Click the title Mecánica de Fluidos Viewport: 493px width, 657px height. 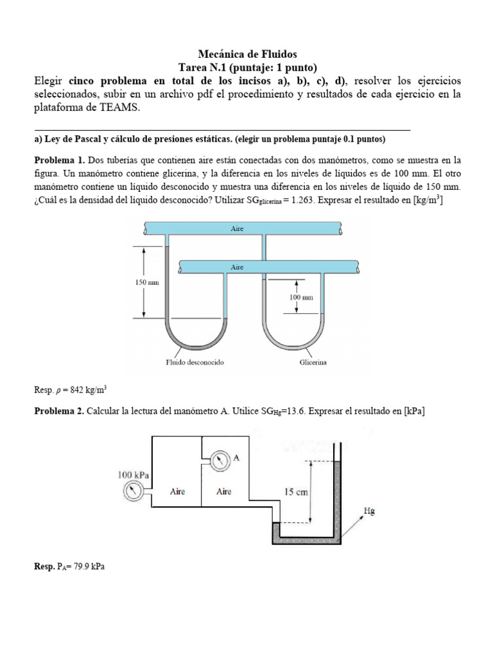pos(246,55)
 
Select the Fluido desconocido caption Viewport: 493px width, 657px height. pos(195,363)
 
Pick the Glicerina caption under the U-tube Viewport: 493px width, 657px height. pos(313,363)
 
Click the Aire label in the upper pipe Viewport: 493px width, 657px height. pos(238,228)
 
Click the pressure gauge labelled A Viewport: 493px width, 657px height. pos(220,460)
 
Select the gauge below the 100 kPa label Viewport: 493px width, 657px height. pos(133,491)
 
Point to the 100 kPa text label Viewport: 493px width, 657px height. pos(134,475)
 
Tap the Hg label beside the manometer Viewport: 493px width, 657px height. pos(369,511)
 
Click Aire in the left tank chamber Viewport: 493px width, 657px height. pos(177,491)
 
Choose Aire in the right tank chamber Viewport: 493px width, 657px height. pos(223,491)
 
